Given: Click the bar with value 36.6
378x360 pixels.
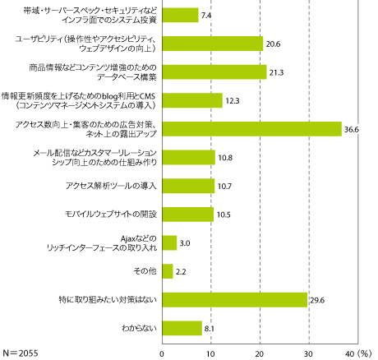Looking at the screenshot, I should coord(251,128).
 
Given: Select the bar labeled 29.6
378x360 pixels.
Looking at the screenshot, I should coord(234,299).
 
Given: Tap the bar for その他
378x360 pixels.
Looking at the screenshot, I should coord(168,270).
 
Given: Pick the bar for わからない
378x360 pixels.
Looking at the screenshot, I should coord(182,328).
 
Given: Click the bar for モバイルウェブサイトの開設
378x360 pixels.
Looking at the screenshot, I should coord(187,214).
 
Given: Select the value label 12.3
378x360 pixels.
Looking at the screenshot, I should coord(234,101).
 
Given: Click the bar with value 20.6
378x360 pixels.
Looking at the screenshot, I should coord(213,44).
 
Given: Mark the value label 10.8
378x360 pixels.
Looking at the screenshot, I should coord(227,158).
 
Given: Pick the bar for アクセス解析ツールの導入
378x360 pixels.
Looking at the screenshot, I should coord(188,186).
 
